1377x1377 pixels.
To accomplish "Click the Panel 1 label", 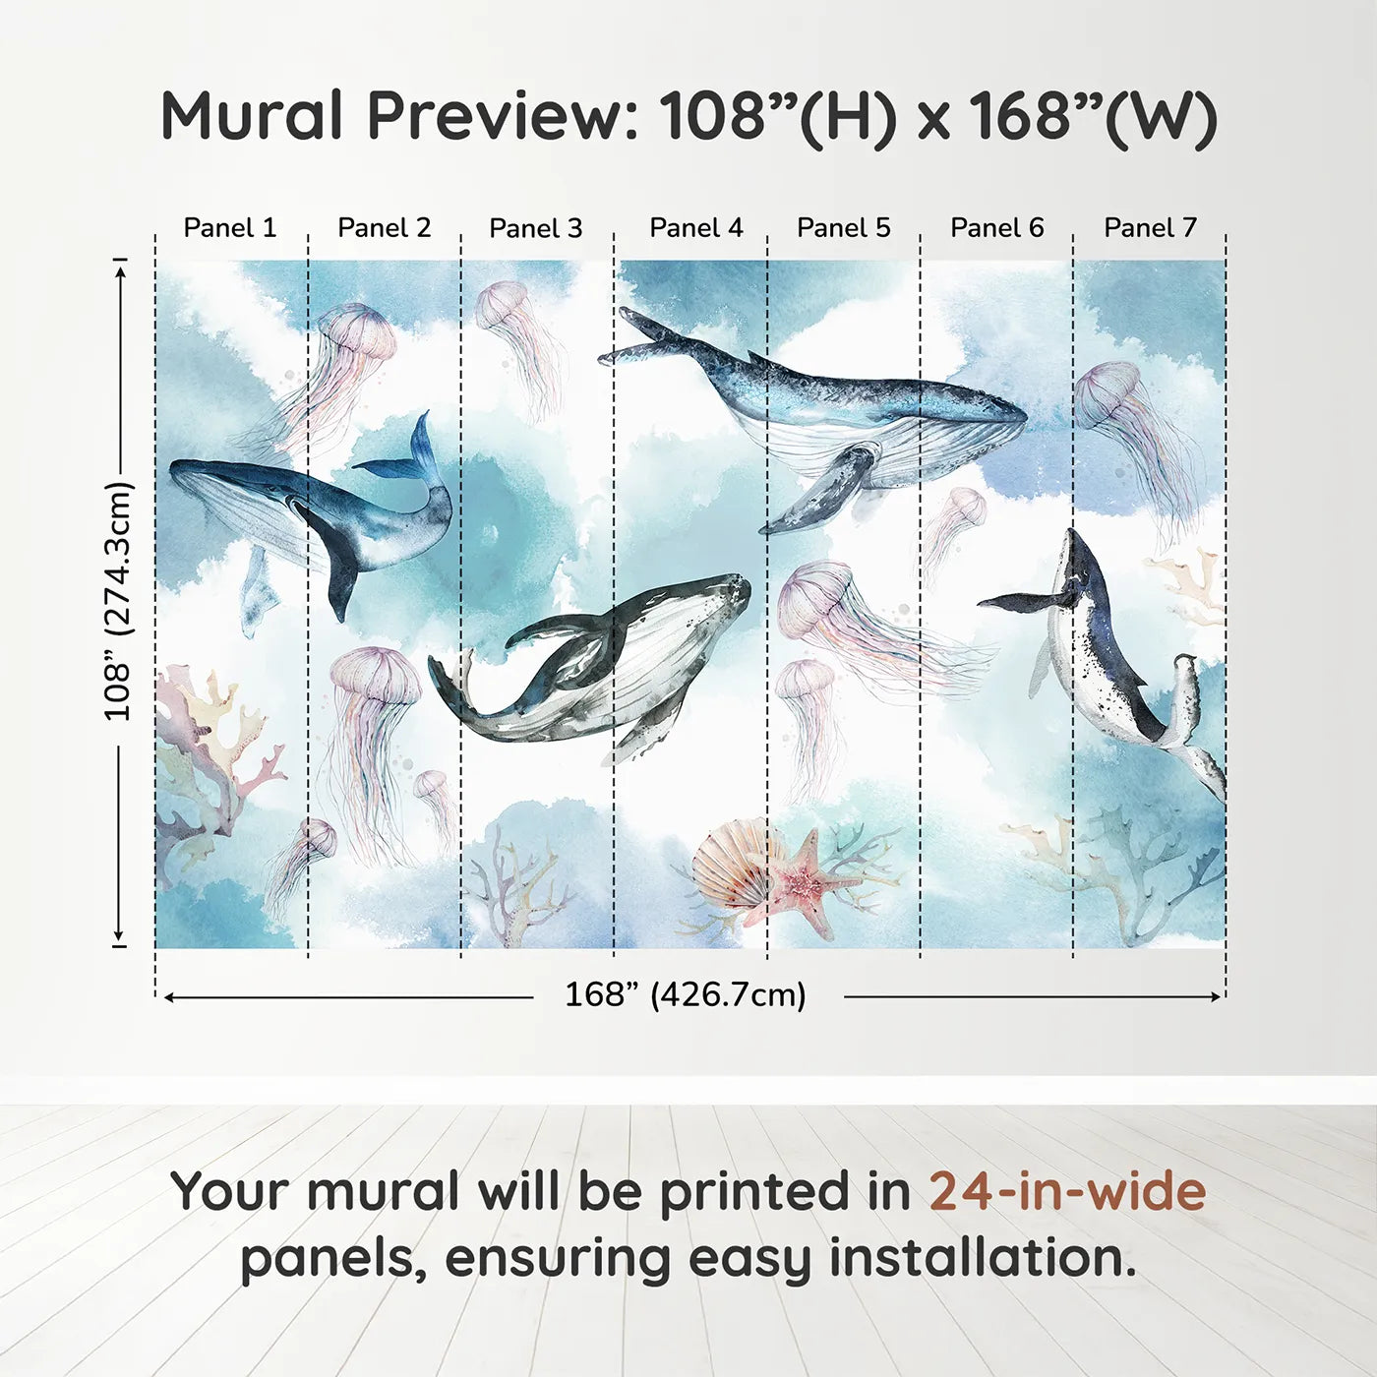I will [230, 228].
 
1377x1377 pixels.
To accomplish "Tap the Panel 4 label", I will [695, 228].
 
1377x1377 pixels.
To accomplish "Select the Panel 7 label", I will [1150, 228].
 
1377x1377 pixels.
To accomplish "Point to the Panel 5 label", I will [843, 228].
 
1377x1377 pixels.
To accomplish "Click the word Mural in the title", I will [252, 116].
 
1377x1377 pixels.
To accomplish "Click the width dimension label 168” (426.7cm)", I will [686, 995].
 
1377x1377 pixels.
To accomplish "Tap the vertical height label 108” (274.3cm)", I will [118, 600].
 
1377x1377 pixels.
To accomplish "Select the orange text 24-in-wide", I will [1067, 1191].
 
